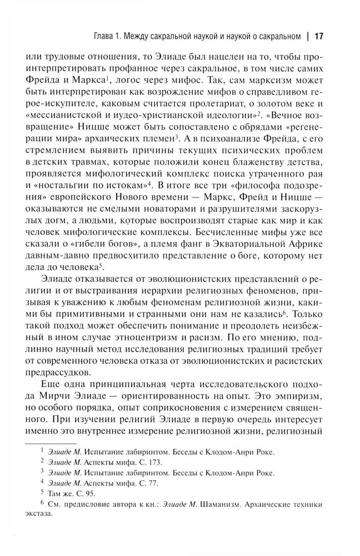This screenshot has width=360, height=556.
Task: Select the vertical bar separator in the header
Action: [x=307, y=37]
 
